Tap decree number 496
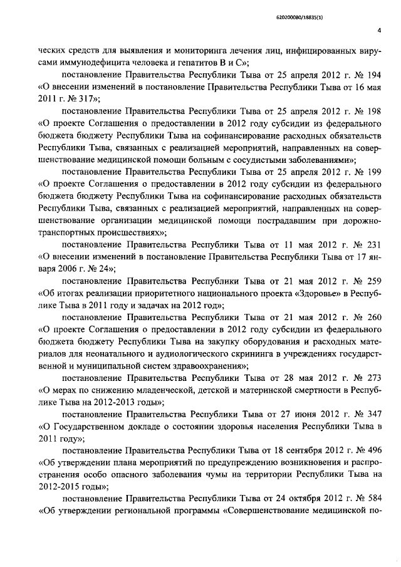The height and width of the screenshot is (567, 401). click(x=374, y=449)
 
